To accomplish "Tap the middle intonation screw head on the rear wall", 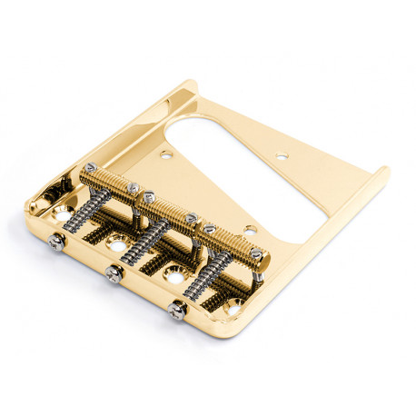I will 114,274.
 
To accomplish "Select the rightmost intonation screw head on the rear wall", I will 174,311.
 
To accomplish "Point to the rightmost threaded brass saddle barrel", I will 226,241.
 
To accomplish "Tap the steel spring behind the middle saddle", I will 145,245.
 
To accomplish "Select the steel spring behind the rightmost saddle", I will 205,278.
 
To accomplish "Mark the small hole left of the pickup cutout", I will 165,155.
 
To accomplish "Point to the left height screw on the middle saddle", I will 146,195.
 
